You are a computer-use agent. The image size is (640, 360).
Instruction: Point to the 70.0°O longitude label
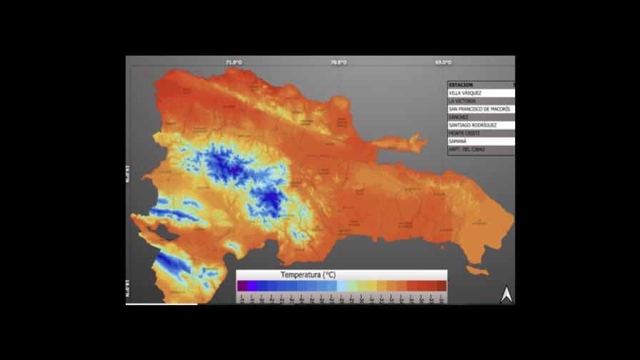[x=339, y=62]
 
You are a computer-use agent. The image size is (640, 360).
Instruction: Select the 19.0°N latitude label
[x=129, y=173]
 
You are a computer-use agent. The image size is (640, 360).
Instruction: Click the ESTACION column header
[x=461, y=85]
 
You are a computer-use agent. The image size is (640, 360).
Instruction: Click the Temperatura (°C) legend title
[x=308, y=275]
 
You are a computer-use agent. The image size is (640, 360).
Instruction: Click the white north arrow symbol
[x=506, y=294]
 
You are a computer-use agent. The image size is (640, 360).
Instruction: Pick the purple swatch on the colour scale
[x=242, y=286]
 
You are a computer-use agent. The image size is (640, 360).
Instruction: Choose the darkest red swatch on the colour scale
[x=441, y=286]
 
